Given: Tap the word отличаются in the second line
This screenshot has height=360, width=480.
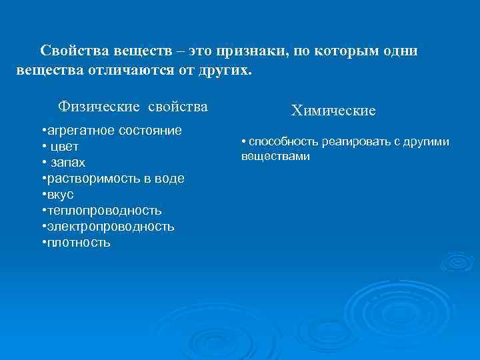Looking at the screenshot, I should click(x=134, y=70).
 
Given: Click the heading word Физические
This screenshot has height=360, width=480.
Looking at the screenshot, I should click(x=99, y=107).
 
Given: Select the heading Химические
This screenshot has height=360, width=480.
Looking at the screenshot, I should click(x=333, y=111).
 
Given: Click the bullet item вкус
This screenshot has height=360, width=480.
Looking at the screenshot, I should click(x=60, y=195).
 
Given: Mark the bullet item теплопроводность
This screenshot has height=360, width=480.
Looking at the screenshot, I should click(x=104, y=211).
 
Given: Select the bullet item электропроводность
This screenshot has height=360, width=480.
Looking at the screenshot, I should click(x=110, y=227).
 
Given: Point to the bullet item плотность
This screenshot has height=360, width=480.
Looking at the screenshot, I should click(x=79, y=243).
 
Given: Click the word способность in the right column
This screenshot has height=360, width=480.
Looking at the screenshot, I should click(x=283, y=141).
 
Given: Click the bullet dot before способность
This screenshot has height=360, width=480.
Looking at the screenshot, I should click(x=244, y=141).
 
